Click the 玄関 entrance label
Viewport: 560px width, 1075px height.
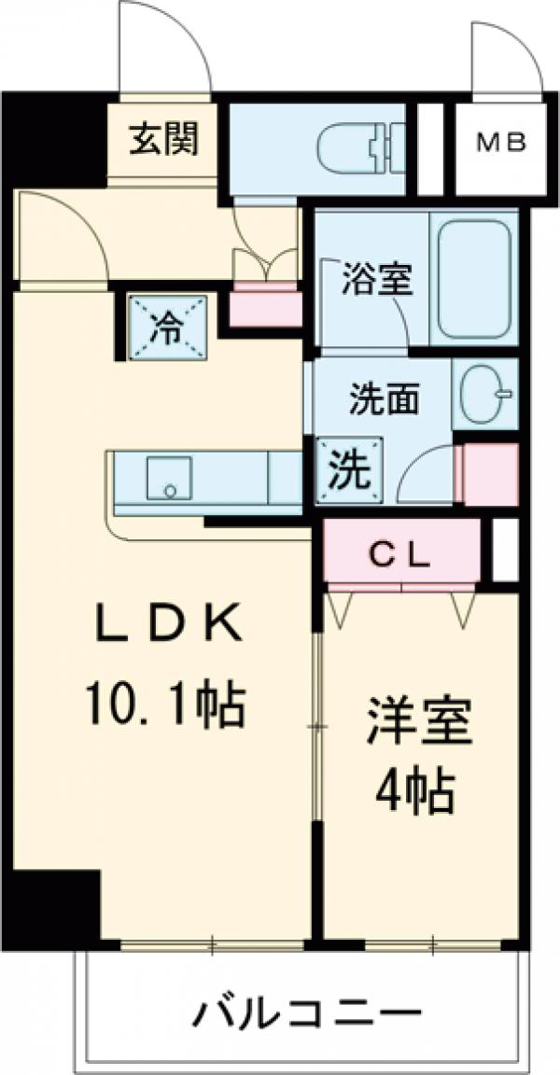(163, 143)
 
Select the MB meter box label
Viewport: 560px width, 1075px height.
(501, 144)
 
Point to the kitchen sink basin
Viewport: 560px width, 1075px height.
(169, 479)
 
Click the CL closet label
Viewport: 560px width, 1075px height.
(402, 555)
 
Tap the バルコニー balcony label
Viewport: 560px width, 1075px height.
(304, 1012)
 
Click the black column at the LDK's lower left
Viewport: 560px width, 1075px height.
(56, 905)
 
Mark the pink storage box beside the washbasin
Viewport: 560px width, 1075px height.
(490, 474)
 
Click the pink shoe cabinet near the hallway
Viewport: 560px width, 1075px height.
(265, 306)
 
